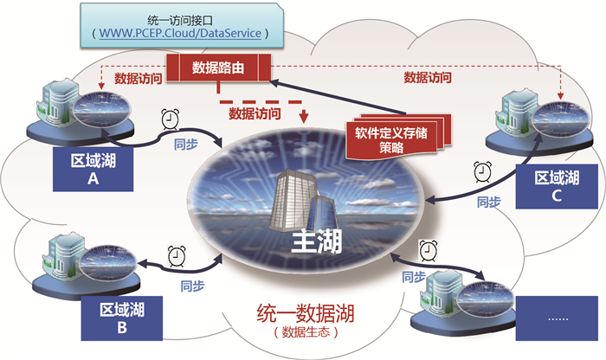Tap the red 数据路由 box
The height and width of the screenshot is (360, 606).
(218, 66)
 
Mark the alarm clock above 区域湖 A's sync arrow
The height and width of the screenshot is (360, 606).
(170, 119)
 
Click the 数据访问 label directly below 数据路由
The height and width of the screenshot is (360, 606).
(256, 112)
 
